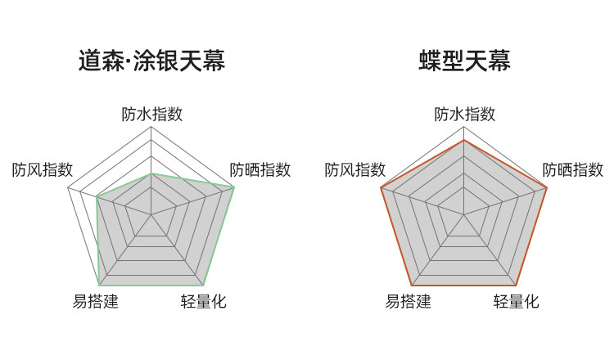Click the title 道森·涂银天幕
[151, 61]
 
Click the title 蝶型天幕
[464, 61]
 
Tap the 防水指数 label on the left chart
[151, 114]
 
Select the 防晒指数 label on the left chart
[260, 170]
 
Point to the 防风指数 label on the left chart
[43, 170]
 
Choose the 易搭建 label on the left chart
[96, 301]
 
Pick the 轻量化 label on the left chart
[204, 301]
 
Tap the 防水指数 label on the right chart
[464, 114]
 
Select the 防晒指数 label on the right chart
[573, 170]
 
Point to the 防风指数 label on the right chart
[355, 170]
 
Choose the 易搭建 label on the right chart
[409, 301]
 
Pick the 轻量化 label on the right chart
[517, 301]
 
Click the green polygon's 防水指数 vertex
[151, 173]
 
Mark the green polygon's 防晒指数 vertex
[234, 188]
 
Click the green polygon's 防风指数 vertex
[97, 196]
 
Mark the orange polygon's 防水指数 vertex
[464, 140]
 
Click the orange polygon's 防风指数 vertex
[381, 188]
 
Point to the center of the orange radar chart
[464, 215]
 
